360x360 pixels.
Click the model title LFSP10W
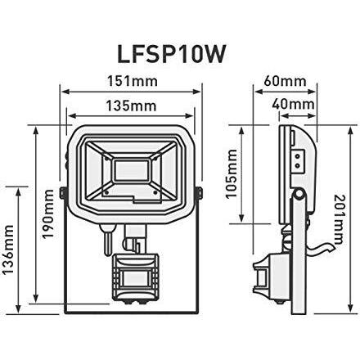pos(171,54)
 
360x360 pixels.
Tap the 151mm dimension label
pos(132,81)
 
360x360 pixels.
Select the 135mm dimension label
pos(131,106)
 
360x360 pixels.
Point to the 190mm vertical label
pos(47,214)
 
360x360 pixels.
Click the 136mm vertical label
pos(7,249)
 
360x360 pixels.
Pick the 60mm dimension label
pos(286,81)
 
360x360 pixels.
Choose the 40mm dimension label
pos(293,105)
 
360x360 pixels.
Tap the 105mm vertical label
pos(232,173)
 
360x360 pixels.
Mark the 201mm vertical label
pos(339,219)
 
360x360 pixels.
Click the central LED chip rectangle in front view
pos(132,170)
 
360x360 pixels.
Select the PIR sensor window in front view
pos(135,281)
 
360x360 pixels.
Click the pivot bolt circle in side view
pos(299,194)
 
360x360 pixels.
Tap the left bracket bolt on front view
pos(62,191)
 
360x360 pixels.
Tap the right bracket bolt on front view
pos(200,191)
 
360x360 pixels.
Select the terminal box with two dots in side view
pos(298,161)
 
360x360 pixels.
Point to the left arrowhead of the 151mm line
pos(65,92)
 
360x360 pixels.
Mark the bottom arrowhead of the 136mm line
pos(18,309)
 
